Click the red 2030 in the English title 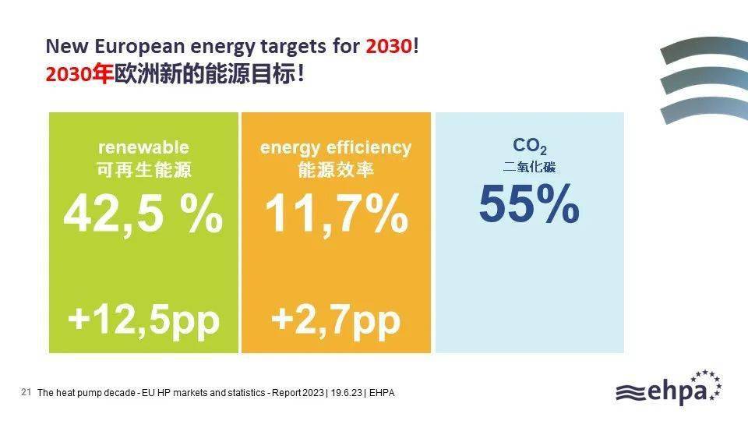(x=389, y=46)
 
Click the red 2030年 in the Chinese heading (x=79, y=75)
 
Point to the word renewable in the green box (x=143, y=147)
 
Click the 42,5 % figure (x=143, y=214)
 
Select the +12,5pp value (x=143, y=320)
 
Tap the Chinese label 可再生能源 (x=143, y=169)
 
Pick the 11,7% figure (x=337, y=214)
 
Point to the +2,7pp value (x=336, y=320)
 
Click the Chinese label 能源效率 (x=336, y=169)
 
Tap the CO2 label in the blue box (x=530, y=146)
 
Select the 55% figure (x=529, y=203)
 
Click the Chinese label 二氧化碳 (x=530, y=167)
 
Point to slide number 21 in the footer (x=26, y=392)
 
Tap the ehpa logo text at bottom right (x=678, y=391)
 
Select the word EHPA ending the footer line (x=382, y=393)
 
